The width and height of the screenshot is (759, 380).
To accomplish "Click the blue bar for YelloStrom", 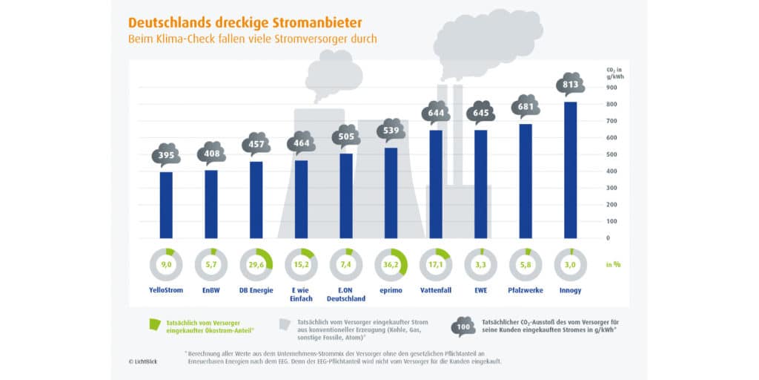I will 166,205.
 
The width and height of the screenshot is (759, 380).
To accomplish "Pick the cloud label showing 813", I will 570,84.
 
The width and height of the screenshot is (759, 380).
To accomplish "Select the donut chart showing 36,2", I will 391,263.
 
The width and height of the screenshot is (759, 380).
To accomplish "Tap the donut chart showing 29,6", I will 256,263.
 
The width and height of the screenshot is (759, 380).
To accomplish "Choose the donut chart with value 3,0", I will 570,263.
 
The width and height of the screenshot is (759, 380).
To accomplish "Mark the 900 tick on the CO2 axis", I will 612,87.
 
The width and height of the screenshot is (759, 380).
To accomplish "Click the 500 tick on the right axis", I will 612,154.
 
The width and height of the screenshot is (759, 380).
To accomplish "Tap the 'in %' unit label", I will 612,263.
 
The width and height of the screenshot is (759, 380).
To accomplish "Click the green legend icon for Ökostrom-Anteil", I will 154,324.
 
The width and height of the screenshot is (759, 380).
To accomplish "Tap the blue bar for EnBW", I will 211,203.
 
